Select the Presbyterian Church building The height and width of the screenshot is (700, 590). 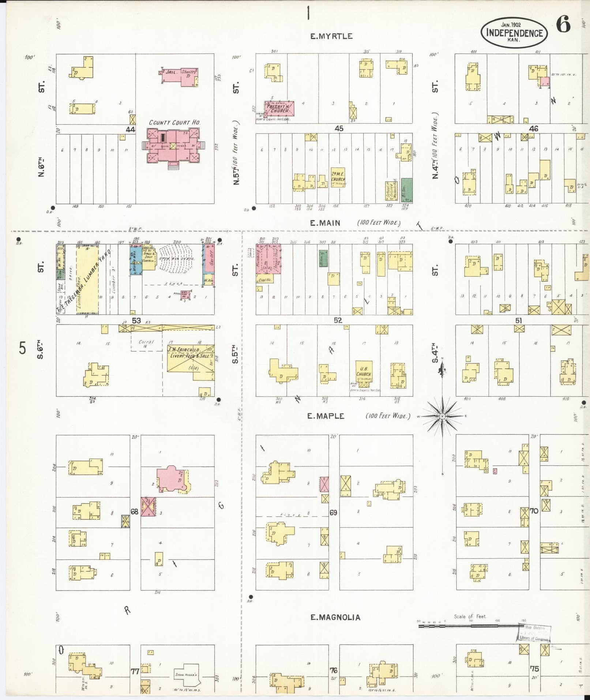click(280, 109)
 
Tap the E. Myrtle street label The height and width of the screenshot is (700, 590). click(331, 36)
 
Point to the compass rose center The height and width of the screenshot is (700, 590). click(442, 416)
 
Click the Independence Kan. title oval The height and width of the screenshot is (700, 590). click(514, 33)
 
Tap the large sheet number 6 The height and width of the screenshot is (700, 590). click(563, 25)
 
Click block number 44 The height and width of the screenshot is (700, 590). click(130, 130)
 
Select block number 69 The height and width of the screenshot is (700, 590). click(333, 513)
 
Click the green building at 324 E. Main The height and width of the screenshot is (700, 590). click(406, 190)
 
